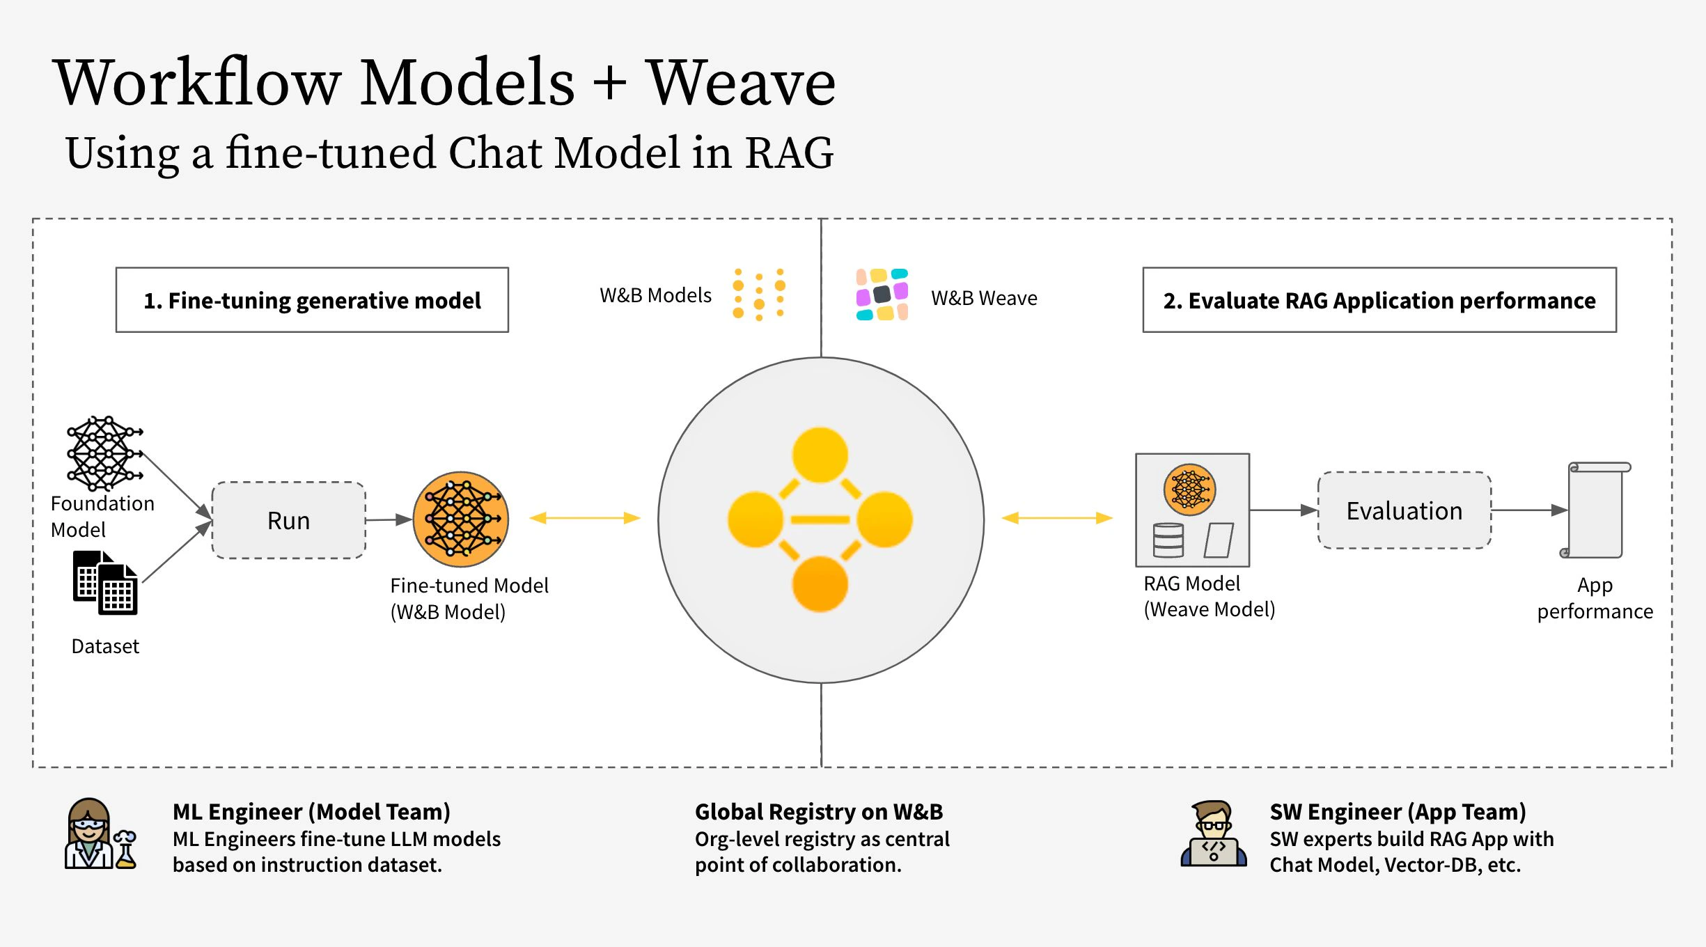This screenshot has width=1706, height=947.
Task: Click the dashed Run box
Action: coord(288,520)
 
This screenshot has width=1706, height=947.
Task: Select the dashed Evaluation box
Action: coord(1404,510)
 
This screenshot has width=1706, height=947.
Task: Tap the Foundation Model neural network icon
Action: coord(104,453)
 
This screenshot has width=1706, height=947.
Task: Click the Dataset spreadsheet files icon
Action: coord(105,583)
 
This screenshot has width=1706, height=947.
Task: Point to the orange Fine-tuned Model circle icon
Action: coord(461,519)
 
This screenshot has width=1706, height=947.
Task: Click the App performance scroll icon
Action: coord(1596,510)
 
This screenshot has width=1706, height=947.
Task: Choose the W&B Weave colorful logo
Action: coord(882,295)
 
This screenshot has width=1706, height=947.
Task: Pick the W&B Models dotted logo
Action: coord(759,295)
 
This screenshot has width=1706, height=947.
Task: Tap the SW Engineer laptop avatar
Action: coord(1214,834)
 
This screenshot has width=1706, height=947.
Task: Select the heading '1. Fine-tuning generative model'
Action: coord(312,300)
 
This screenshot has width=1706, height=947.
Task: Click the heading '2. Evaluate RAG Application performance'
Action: coord(1379,300)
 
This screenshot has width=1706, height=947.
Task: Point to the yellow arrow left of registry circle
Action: coord(585,518)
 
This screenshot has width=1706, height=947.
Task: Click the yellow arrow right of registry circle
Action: coord(1057,518)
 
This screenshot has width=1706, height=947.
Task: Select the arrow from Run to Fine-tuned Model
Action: coord(388,519)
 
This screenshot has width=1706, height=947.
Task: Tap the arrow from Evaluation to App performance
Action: coord(1529,510)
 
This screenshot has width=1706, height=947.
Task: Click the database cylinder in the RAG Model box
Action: coord(1168,540)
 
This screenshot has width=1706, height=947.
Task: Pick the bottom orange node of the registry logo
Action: coord(820,584)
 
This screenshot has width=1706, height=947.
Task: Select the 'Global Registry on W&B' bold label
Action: coord(819,812)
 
